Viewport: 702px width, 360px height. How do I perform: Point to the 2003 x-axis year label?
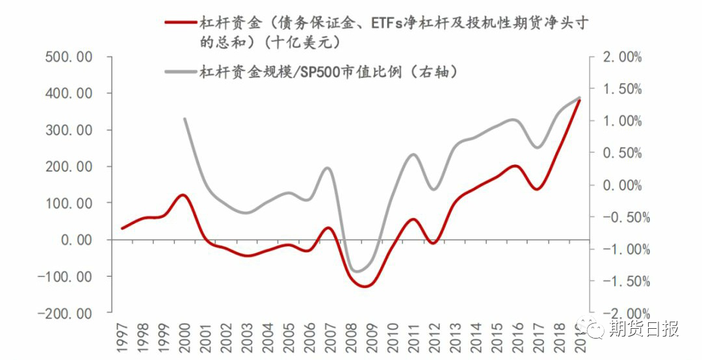(244, 338)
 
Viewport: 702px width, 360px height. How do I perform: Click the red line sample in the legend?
(180, 23)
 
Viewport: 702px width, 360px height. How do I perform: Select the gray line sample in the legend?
(180, 71)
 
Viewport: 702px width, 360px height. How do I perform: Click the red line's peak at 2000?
(183, 195)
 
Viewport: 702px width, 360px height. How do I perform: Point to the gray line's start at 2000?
(185, 119)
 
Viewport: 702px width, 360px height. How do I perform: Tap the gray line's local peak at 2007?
(328, 168)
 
